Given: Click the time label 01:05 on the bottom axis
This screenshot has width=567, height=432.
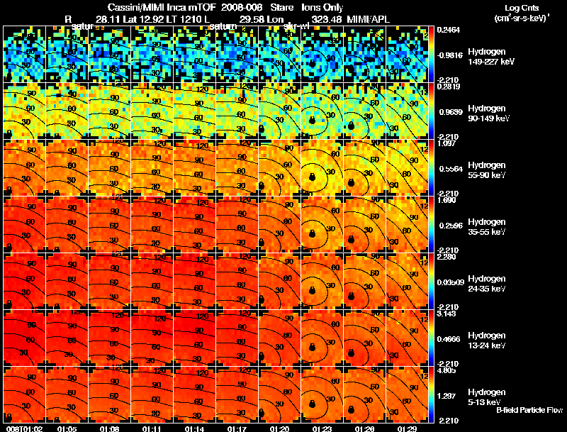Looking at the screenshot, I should [67, 428].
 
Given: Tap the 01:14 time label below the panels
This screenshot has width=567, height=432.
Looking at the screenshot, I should [195, 428].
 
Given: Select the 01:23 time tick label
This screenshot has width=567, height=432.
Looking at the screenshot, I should [322, 428].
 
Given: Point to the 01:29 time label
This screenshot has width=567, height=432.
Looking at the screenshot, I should [408, 428].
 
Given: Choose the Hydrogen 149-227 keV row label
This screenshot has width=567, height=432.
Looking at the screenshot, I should [490, 57].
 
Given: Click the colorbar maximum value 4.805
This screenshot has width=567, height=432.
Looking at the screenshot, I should [446, 370].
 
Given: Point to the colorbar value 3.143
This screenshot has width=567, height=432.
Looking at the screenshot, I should [446, 314].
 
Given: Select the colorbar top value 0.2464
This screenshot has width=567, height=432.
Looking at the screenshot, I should [448, 30].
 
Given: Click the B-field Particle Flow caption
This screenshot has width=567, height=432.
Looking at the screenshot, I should [529, 410].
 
